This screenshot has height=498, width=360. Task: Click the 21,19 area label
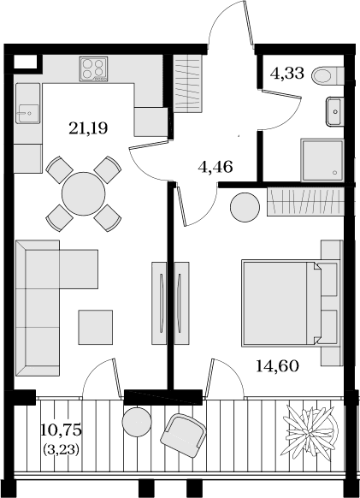(x=88, y=128)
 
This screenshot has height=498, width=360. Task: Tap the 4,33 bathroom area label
(x=287, y=73)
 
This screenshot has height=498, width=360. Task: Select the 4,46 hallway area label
(x=215, y=167)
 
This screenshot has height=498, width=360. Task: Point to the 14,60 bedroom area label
(x=277, y=366)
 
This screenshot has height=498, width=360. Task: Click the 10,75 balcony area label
(x=62, y=430)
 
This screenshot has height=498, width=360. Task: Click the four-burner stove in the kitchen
(x=94, y=69)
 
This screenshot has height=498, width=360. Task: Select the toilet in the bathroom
(x=328, y=76)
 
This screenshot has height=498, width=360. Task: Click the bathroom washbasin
(x=335, y=111)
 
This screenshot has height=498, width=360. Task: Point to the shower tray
(x=322, y=160)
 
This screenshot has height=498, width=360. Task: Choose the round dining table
(x=84, y=193)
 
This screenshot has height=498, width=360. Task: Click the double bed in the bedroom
(x=290, y=303)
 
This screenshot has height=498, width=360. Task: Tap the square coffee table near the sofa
(x=96, y=327)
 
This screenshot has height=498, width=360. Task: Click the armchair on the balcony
(x=183, y=436)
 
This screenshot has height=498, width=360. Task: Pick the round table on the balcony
(x=137, y=421)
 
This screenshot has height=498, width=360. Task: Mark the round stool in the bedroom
(x=245, y=207)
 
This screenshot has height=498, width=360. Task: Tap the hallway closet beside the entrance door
(x=188, y=83)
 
